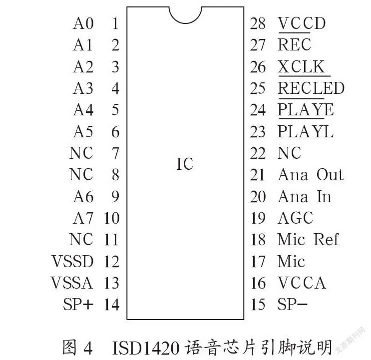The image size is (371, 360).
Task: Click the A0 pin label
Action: click(x=83, y=23)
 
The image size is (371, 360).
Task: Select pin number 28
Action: click(x=258, y=23)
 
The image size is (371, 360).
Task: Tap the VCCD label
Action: click(x=302, y=23)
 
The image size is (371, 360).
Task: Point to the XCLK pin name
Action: click(x=301, y=67)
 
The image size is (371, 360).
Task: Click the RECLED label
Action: click(x=311, y=88)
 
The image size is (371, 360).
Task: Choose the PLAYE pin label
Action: click(x=306, y=110)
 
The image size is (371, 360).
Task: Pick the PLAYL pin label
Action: click(x=306, y=131)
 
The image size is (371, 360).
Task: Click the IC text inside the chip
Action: click(x=185, y=164)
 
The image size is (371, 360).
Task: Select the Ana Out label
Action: click(x=311, y=175)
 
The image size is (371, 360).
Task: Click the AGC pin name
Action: click(x=296, y=218)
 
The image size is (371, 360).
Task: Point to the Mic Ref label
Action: click(x=308, y=239)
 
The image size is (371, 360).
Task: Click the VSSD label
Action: click(x=72, y=261)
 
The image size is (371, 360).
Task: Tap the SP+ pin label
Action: click(x=78, y=304)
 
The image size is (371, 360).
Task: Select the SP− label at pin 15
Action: click(x=292, y=304)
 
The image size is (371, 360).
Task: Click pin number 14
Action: click(x=112, y=305)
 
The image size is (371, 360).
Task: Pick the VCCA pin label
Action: click(x=302, y=283)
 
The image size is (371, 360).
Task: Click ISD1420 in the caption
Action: click(x=145, y=348)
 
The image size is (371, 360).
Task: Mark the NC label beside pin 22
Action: click(x=289, y=153)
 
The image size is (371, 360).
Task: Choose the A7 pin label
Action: click(x=83, y=218)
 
